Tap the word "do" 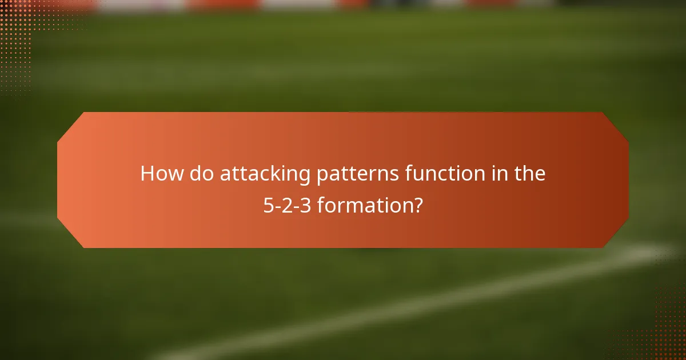coord(201,174)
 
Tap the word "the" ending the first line coord(529,174)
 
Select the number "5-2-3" coord(288,205)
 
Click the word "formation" coord(365,205)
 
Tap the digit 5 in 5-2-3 coord(268,205)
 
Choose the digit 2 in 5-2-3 coord(288,205)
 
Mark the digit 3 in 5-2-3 coord(306,205)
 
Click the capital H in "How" coord(147,174)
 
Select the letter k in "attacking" coord(282,174)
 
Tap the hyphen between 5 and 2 coord(278,206)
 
